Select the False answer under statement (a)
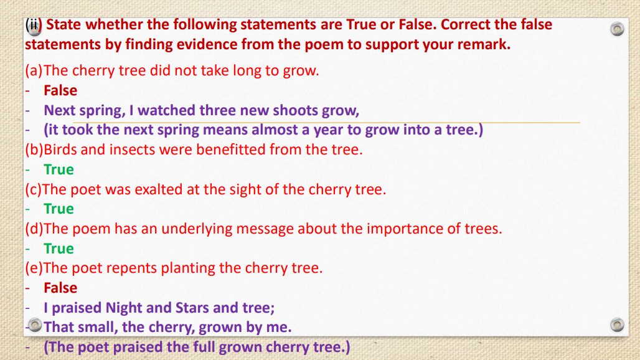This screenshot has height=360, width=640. coord(60,90)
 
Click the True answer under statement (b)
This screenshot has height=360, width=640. coord(59,169)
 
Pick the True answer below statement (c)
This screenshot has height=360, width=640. coord(59,209)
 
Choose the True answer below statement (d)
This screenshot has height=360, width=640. coord(59,249)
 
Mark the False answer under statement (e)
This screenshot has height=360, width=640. coord(60,288)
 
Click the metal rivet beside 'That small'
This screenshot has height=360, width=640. coord(35,326)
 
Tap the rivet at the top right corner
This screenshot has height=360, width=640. coord(616,29)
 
